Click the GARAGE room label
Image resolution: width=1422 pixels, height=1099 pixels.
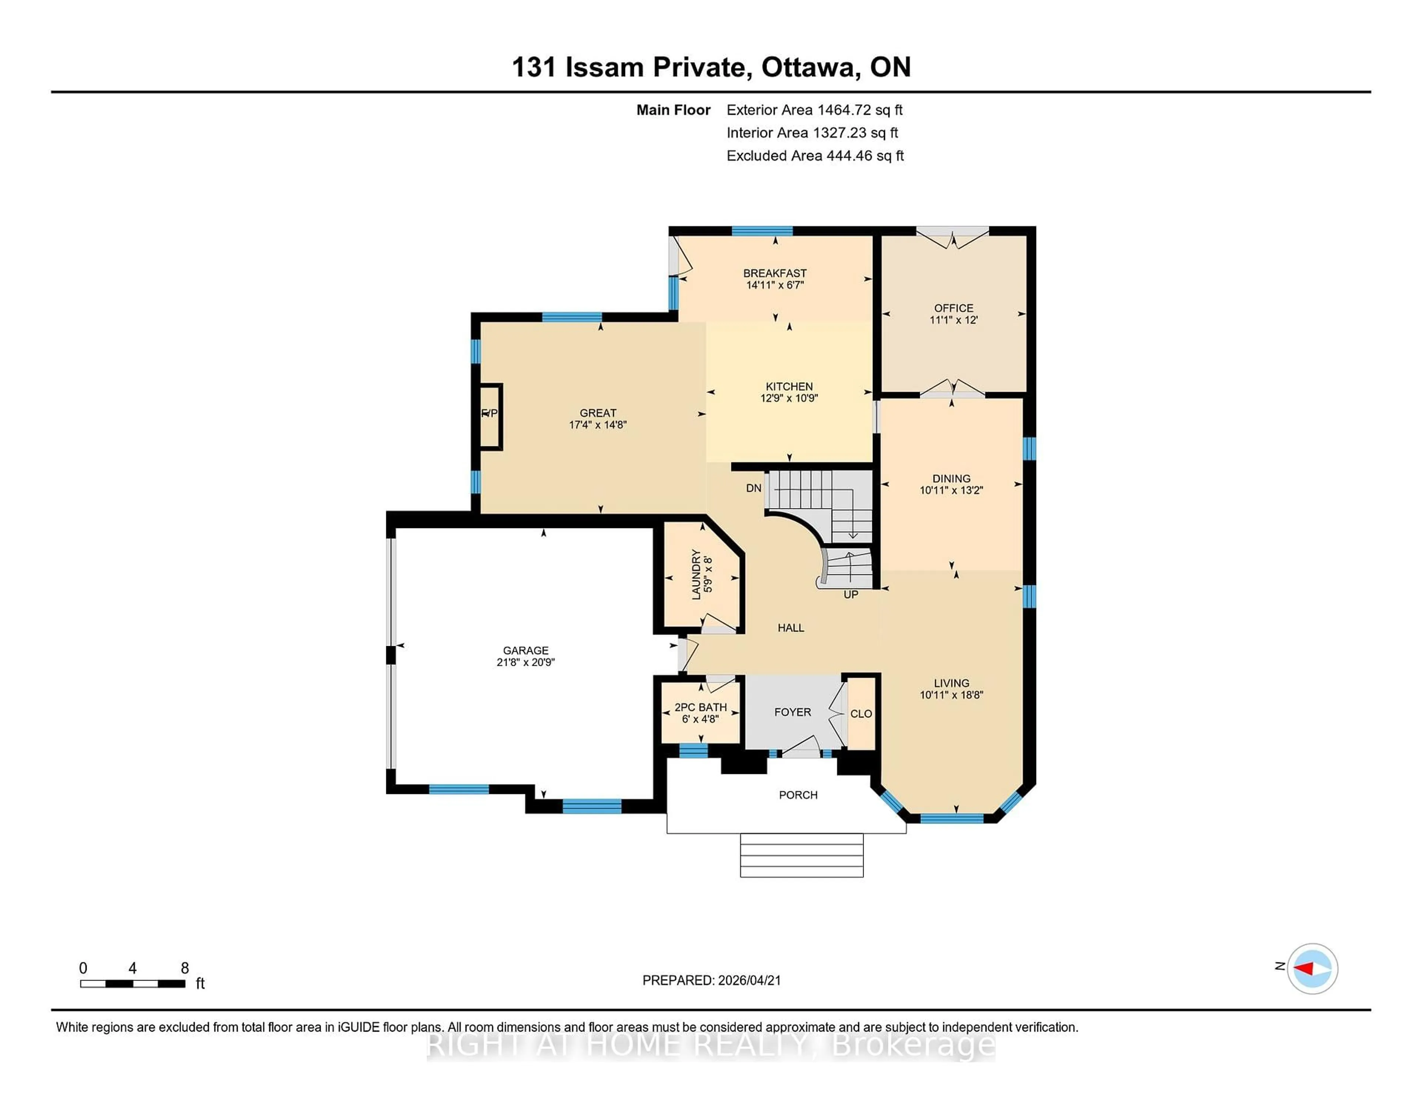525,651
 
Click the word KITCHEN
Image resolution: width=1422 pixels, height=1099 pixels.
789,386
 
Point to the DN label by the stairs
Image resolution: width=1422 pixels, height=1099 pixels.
753,488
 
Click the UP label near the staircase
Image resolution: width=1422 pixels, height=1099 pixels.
850,594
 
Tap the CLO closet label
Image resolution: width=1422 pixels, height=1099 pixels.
861,714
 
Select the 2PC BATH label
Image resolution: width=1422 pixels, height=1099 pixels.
701,707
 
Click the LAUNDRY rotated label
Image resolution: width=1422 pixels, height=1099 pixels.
696,574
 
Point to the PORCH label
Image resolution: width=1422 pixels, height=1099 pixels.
798,795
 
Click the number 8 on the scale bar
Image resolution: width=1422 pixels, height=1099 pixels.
185,968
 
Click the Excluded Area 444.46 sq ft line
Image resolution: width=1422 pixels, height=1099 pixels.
815,156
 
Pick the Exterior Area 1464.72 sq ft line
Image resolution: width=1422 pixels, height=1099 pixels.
815,110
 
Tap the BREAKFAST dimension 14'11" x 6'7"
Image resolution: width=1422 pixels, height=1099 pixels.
775,284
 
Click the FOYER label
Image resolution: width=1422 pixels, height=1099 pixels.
792,712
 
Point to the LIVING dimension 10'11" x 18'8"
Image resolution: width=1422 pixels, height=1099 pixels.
951,695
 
